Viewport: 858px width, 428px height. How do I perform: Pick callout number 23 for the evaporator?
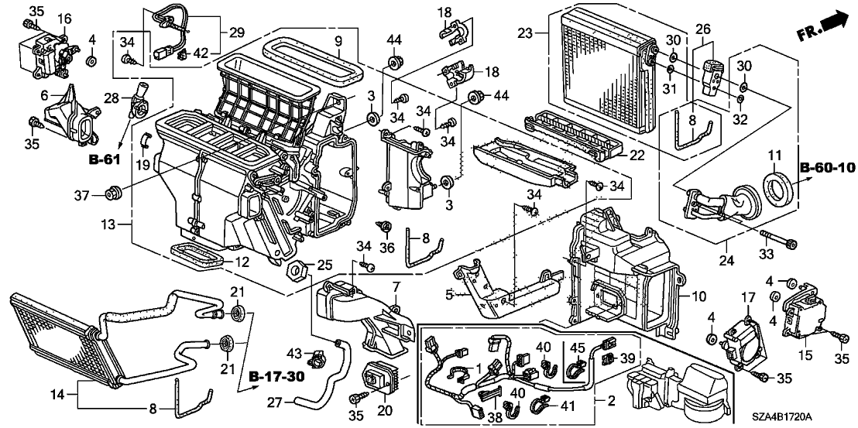point(526,33)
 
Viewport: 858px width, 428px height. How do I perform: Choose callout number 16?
point(64,18)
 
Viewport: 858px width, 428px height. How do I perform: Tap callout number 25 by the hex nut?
point(304,265)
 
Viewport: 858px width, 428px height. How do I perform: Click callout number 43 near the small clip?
point(293,353)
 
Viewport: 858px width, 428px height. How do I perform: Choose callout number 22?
point(637,156)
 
